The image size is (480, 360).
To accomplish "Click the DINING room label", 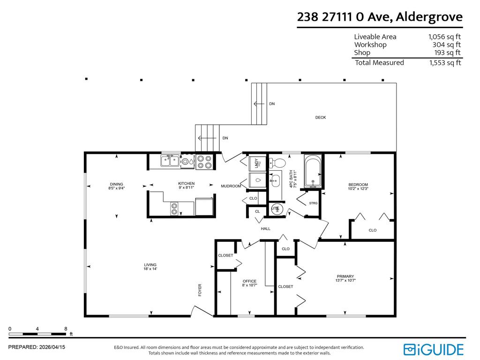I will click(x=116, y=186).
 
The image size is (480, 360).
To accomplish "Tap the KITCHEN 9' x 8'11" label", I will click(x=186, y=185).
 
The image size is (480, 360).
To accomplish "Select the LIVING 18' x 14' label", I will click(x=150, y=267).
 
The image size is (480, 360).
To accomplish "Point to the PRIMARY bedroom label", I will click(x=345, y=278).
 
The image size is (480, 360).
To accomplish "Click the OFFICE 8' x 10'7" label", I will click(x=249, y=283).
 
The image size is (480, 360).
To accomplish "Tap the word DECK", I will click(x=320, y=117).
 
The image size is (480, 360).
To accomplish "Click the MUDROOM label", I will click(x=231, y=186).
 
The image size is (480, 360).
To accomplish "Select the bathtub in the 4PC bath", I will click(x=312, y=172).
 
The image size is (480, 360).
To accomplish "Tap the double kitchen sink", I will click(x=170, y=161).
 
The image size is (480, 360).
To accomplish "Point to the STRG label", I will click(x=314, y=203).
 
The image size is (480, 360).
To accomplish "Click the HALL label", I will click(x=266, y=229).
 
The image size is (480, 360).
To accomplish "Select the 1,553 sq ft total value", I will click(x=445, y=63).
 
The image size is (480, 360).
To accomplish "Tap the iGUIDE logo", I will click(x=434, y=349).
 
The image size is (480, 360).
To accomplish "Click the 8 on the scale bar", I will click(x=66, y=329).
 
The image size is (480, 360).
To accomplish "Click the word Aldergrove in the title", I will click(x=429, y=17).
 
